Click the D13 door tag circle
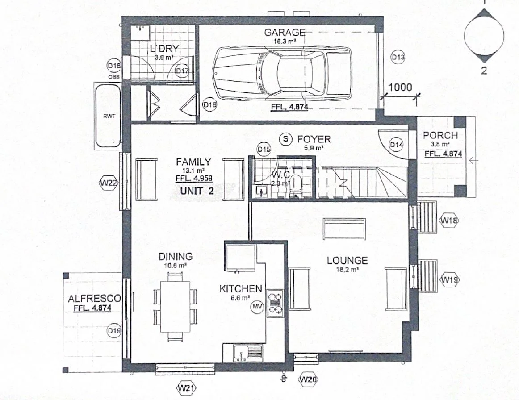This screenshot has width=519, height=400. click(398, 57)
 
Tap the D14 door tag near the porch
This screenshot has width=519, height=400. click(396, 145)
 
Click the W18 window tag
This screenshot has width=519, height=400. click(449, 220)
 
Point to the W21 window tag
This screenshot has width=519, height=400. click(188, 387)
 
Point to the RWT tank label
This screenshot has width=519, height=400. click(109, 116)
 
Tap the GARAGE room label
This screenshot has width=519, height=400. click(285, 33)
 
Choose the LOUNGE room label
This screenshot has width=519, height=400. click(347, 260)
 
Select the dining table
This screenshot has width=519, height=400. click(175, 304)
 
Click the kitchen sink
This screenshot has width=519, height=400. click(242, 354)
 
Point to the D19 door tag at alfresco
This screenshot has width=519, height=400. click(114, 331)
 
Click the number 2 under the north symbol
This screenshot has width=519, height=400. click(484, 70)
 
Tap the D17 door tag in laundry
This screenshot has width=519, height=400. click(182, 71)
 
